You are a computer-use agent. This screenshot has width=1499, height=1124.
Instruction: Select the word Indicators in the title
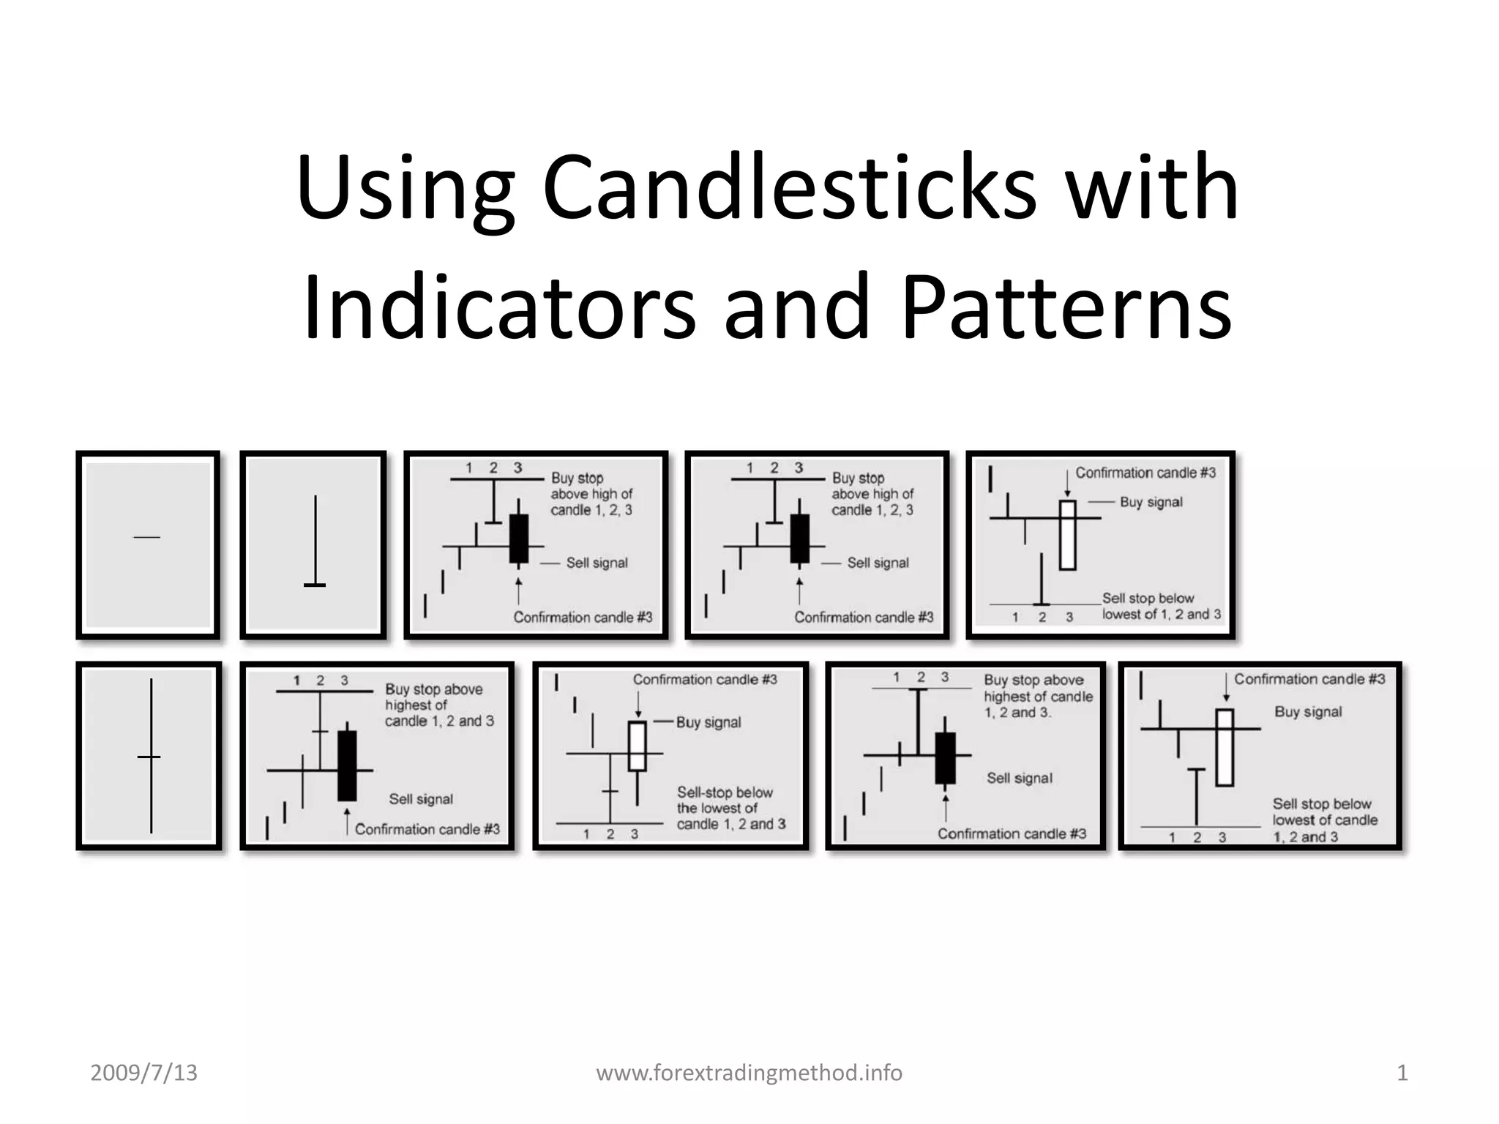(498, 307)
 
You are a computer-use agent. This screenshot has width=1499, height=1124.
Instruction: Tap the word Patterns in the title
(1066, 307)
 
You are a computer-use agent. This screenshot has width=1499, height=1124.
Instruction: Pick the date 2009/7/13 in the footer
(143, 1073)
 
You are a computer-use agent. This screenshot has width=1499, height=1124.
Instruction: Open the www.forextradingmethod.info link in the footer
(749, 1073)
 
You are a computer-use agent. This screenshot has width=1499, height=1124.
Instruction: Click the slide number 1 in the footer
(1402, 1073)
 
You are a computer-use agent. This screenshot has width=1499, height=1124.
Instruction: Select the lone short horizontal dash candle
(146, 538)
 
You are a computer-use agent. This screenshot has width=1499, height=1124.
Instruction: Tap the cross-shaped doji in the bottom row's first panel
(151, 756)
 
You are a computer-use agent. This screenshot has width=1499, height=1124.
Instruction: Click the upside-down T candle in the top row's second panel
(315, 542)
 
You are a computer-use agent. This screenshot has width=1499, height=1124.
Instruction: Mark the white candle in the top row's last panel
(1068, 535)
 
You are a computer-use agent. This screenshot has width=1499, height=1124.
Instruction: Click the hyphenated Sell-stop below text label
(725, 793)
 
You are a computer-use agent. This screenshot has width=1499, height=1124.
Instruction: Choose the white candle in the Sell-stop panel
(638, 746)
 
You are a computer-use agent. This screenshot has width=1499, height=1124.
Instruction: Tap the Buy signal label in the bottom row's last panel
(1308, 712)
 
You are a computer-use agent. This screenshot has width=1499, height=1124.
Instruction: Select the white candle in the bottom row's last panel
(1225, 747)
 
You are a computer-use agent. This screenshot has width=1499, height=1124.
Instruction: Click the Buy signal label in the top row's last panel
(1151, 502)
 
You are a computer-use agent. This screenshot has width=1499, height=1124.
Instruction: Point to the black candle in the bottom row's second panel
(347, 765)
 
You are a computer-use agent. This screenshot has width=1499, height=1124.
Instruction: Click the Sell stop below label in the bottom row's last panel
(1322, 804)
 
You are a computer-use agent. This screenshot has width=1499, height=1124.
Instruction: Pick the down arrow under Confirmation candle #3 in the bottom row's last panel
(1226, 688)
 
